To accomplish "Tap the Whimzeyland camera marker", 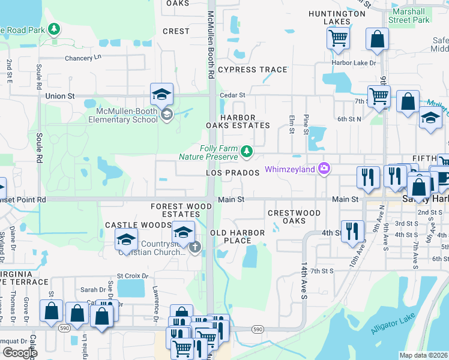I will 325,169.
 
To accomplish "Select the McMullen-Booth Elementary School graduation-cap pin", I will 161,94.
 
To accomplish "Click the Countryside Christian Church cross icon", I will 194,247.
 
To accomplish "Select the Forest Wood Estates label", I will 181,210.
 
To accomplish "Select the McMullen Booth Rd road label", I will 211,45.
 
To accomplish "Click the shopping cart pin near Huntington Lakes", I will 339,38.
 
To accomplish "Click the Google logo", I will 20,353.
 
